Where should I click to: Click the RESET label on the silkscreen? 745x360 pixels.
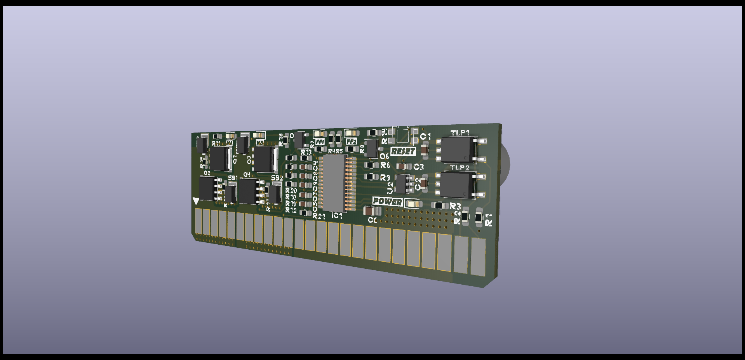[x=403, y=151]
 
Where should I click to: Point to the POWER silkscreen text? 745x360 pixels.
[x=387, y=202]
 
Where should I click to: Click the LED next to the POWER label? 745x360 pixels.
[x=412, y=203]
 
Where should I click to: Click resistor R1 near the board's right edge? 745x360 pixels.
[x=479, y=219]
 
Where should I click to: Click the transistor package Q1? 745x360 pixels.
[x=220, y=158]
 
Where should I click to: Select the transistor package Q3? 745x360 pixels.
[x=264, y=159]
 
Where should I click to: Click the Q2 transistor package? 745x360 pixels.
[x=209, y=188]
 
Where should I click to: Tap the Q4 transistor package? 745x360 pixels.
[x=249, y=191]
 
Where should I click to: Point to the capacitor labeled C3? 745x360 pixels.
[x=404, y=166]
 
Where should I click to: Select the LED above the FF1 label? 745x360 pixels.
[x=319, y=134]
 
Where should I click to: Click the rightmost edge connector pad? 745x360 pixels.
[x=478, y=257]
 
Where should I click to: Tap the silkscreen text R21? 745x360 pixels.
[x=319, y=216]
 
